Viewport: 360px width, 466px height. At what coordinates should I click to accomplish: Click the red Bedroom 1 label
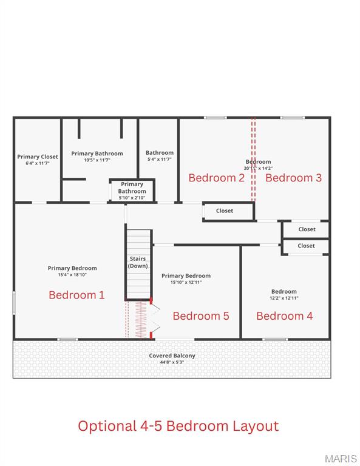[x=76, y=295]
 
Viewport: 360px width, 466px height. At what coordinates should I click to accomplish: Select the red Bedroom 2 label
[x=216, y=178]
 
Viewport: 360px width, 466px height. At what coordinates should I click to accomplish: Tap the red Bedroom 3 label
[x=293, y=178]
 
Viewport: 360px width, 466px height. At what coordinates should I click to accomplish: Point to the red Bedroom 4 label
[x=284, y=316]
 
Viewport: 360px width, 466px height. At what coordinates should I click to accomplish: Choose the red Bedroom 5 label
[x=200, y=316]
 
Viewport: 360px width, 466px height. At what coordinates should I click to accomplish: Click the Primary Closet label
[x=38, y=157]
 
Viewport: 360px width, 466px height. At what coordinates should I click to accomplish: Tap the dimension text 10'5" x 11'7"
[x=97, y=160]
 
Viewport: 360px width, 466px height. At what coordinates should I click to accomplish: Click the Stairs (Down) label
[x=138, y=263]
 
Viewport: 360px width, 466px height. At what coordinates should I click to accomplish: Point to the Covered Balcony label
[x=172, y=356]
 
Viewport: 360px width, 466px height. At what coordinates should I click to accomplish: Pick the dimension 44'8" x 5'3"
[x=172, y=362]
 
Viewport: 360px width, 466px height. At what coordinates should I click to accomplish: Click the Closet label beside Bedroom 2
[x=225, y=211]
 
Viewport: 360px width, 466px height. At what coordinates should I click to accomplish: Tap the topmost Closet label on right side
[x=307, y=229]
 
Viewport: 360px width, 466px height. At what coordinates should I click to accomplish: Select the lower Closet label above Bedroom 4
[x=307, y=246]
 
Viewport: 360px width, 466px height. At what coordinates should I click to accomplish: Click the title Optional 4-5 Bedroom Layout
[x=178, y=426]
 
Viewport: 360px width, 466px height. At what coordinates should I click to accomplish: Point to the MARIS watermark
[x=341, y=458]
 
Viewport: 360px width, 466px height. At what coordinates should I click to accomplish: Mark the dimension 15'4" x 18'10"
[x=72, y=274]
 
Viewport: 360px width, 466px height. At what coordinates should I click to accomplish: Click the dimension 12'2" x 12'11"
[x=284, y=298]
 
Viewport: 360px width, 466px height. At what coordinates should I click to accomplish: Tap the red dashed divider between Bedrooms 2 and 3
[x=254, y=159]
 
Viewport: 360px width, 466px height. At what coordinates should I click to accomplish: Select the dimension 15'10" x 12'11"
[x=186, y=282]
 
